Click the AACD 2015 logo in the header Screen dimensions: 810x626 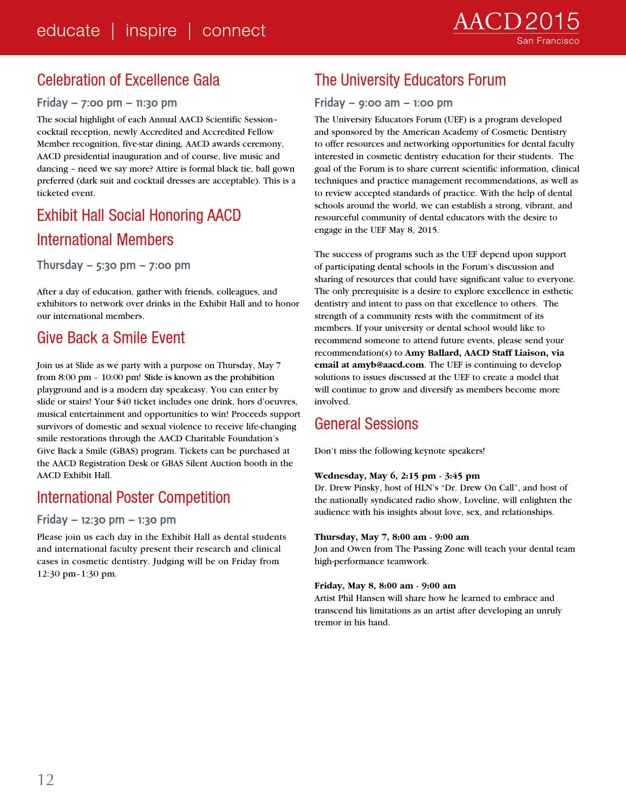click(x=516, y=22)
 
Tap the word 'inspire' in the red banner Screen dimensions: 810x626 click(x=151, y=30)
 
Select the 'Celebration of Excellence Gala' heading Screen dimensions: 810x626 click(x=128, y=80)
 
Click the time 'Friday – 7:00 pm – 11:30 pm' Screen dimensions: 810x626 click(x=107, y=103)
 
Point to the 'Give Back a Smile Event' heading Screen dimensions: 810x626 click(x=111, y=338)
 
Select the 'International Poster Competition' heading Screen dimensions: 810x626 click(x=133, y=498)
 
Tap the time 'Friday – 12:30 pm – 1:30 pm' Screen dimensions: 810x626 click(x=106, y=520)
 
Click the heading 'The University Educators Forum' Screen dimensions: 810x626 click(x=410, y=80)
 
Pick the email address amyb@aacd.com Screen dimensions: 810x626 click(x=388, y=365)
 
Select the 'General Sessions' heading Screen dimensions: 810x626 click(x=366, y=424)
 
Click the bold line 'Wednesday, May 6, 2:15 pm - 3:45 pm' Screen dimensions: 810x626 click(x=397, y=476)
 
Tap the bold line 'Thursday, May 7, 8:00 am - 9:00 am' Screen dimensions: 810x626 click(x=392, y=537)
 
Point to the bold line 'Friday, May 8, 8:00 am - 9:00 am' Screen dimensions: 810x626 click(x=385, y=586)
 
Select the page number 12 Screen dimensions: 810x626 click(x=45, y=780)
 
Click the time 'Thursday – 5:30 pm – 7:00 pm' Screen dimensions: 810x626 click(x=114, y=265)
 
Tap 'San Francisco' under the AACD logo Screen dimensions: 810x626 click(x=547, y=41)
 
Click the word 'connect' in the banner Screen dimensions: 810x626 click(x=233, y=30)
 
